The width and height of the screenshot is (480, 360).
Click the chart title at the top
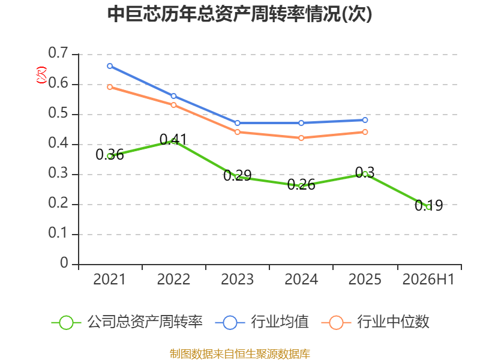coord(239,14)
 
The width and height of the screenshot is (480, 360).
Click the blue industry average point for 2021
coord(110,66)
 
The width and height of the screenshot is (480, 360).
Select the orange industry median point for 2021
coord(110,87)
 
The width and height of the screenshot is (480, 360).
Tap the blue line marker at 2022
coord(173,96)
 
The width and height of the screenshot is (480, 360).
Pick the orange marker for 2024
coord(301,138)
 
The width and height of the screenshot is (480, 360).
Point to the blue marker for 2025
coord(365,120)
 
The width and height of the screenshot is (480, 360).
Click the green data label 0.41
coord(173,140)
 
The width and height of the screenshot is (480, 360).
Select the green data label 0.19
coord(428,205)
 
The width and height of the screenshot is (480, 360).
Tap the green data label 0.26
coord(301,185)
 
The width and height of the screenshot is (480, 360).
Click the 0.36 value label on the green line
coord(110,155)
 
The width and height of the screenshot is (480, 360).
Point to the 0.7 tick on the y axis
coord(58,53)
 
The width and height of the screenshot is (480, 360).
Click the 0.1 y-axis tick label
coord(58,233)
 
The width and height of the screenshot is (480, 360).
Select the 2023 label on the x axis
coord(237,279)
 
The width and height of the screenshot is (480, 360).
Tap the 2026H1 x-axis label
coord(428,279)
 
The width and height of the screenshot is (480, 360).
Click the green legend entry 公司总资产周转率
coord(127,322)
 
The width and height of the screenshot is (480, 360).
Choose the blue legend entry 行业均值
coord(262,322)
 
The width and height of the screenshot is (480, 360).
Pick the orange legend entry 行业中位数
coord(376,322)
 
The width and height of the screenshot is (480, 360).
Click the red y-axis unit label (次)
coord(41,74)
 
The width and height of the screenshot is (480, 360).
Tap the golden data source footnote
coord(240,354)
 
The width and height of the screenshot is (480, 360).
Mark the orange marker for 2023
coord(238,132)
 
